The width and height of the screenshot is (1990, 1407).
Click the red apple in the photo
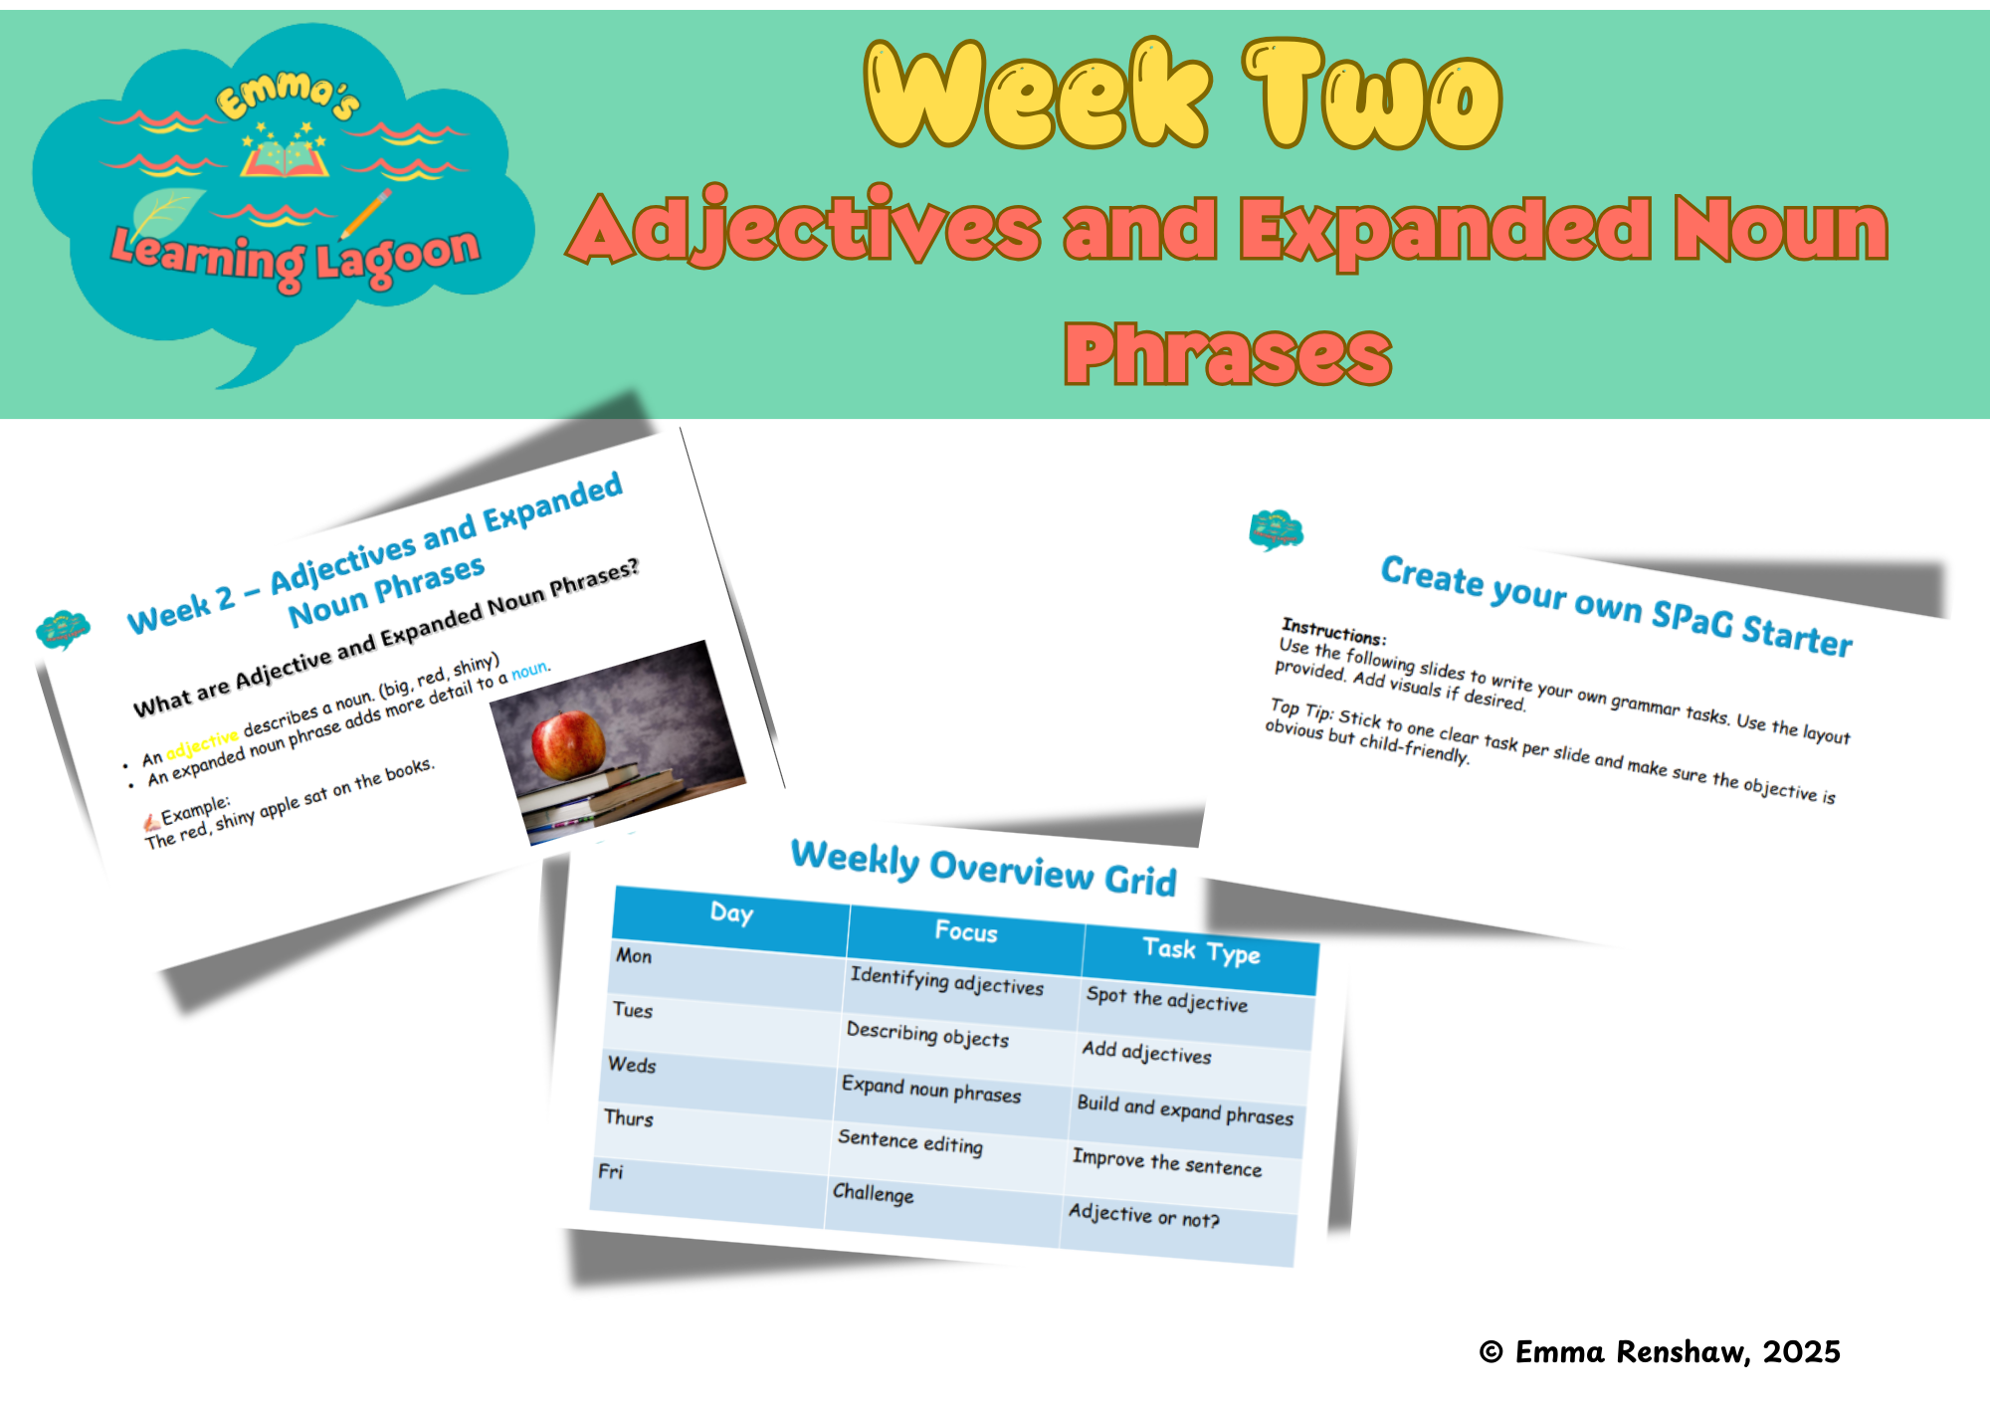click(568, 744)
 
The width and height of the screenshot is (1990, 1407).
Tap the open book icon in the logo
click(285, 158)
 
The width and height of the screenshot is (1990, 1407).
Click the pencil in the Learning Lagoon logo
click(365, 213)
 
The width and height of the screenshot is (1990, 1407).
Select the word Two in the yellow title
click(1373, 97)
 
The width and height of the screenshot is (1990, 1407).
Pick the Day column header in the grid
click(731, 912)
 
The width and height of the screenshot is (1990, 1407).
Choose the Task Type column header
click(1201, 951)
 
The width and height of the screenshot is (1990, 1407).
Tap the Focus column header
click(965, 931)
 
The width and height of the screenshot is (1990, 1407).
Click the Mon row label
click(634, 956)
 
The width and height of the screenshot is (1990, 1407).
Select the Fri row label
click(611, 1171)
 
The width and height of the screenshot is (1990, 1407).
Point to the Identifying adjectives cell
click(946, 981)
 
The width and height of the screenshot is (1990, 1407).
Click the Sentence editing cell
click(909, 1142)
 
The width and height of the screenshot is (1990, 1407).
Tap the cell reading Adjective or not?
click(1143, 1215)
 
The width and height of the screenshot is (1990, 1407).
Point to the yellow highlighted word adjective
click(202, 742)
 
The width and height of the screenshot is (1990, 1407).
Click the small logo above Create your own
click(1276, 529)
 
